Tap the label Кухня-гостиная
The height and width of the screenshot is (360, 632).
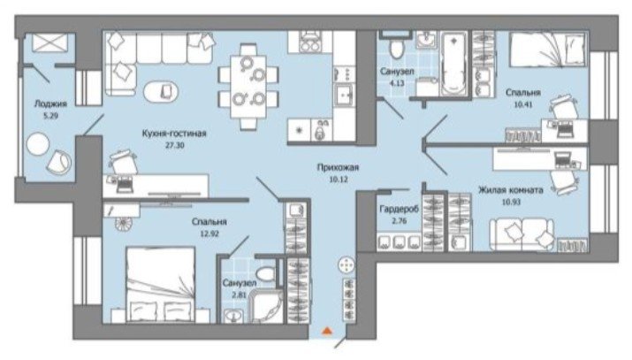click(x=174, y=133)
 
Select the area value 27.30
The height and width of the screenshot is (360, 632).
click(x=174, y=145)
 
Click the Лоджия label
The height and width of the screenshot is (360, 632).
click(x=50, y=104)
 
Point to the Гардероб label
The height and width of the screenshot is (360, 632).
click(x=399, y=210)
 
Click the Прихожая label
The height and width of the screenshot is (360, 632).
click(x=338, y=167)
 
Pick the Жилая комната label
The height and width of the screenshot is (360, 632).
click(x=511, y=190)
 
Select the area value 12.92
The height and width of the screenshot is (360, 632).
click(x=209, y=234)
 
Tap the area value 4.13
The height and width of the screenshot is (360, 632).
click(x=397, y=83)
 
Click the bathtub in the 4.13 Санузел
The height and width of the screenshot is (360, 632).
click(x=454, y=65)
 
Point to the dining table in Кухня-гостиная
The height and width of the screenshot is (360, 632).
click(x=248, y=87)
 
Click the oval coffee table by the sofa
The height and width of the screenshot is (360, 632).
click(x=161, y=92)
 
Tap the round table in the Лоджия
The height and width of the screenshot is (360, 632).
click(x=37, y=143)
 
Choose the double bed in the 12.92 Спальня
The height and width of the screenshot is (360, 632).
click(x=160, y=285)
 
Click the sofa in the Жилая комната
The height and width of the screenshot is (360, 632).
click(x=522, y=234)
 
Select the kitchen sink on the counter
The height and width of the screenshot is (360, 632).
click(x=344, y=96)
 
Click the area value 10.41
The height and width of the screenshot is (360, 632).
click(x=523, y=104)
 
